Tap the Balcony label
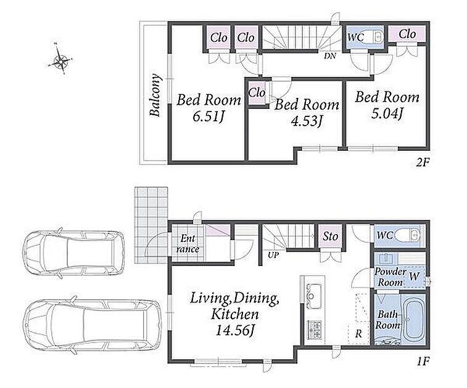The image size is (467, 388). (x=155, y=95)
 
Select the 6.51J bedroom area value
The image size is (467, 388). (x=208, y=116)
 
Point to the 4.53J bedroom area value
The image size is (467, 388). (x=307, y=121)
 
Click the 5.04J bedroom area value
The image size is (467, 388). (x=387, y=113)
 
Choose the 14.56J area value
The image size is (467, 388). (x=235, y=330)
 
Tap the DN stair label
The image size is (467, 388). (x=330, y=55)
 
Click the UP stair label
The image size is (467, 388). (x=273, y=255)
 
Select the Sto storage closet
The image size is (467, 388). (x=330, y=236)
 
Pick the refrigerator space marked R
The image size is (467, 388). (x=358, y=334)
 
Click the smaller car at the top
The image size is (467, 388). (x=73, y=253)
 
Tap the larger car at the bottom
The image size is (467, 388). (x=93, y=326)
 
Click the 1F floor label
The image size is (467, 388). (x=423, y=362)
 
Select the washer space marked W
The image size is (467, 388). (x=414, y=277)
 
